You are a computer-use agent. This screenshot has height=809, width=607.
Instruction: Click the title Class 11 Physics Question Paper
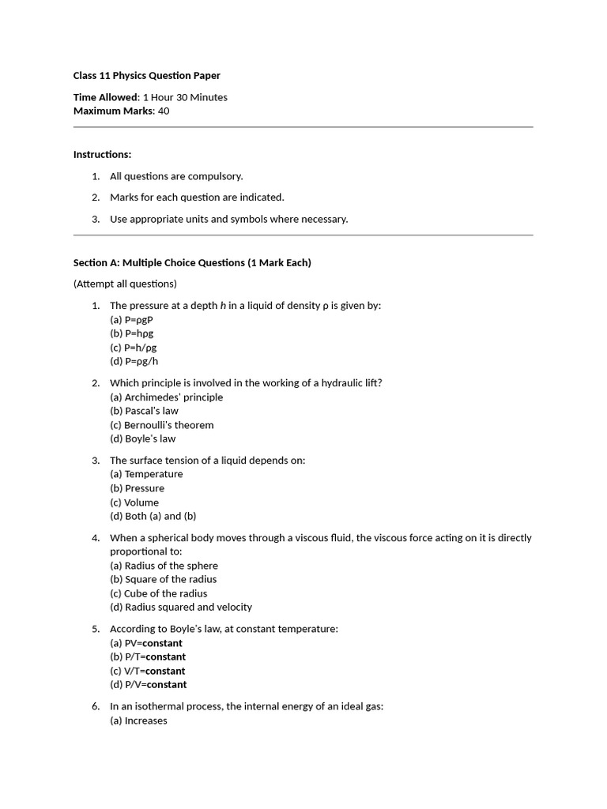(147, 76)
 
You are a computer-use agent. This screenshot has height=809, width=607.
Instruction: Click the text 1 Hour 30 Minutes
(184, 97)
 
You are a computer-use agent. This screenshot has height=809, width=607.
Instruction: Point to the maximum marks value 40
(164, 111)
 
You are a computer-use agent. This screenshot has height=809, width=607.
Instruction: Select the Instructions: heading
(102, 154)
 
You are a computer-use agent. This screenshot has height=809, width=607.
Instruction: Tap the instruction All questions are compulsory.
(176, 176)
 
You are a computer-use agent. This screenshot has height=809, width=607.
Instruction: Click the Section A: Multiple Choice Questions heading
(192, 262)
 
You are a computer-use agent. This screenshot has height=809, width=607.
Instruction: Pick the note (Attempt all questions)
(125, 284)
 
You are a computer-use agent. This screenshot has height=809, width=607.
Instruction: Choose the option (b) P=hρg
(132, 333)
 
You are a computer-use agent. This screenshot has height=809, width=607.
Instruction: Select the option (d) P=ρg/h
(134, 361)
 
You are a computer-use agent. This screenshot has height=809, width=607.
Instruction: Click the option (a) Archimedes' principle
(166, 397)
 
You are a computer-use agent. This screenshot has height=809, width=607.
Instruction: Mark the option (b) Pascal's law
(144, 411)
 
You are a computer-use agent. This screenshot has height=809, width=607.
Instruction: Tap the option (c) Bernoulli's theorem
(161, 425)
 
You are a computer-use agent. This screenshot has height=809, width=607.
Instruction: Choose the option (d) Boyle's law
(142, 438)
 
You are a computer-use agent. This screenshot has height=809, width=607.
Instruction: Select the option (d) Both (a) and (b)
(153, 516)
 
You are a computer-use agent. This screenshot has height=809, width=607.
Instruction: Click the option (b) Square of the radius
(163, 579)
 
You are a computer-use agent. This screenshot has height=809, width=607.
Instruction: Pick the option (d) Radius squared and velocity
(181, 607)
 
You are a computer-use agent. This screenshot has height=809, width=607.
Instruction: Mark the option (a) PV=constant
(146, 643)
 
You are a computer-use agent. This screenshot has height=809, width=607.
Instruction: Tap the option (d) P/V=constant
(149, 685)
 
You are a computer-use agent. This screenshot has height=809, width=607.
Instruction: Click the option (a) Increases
(138, 721)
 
